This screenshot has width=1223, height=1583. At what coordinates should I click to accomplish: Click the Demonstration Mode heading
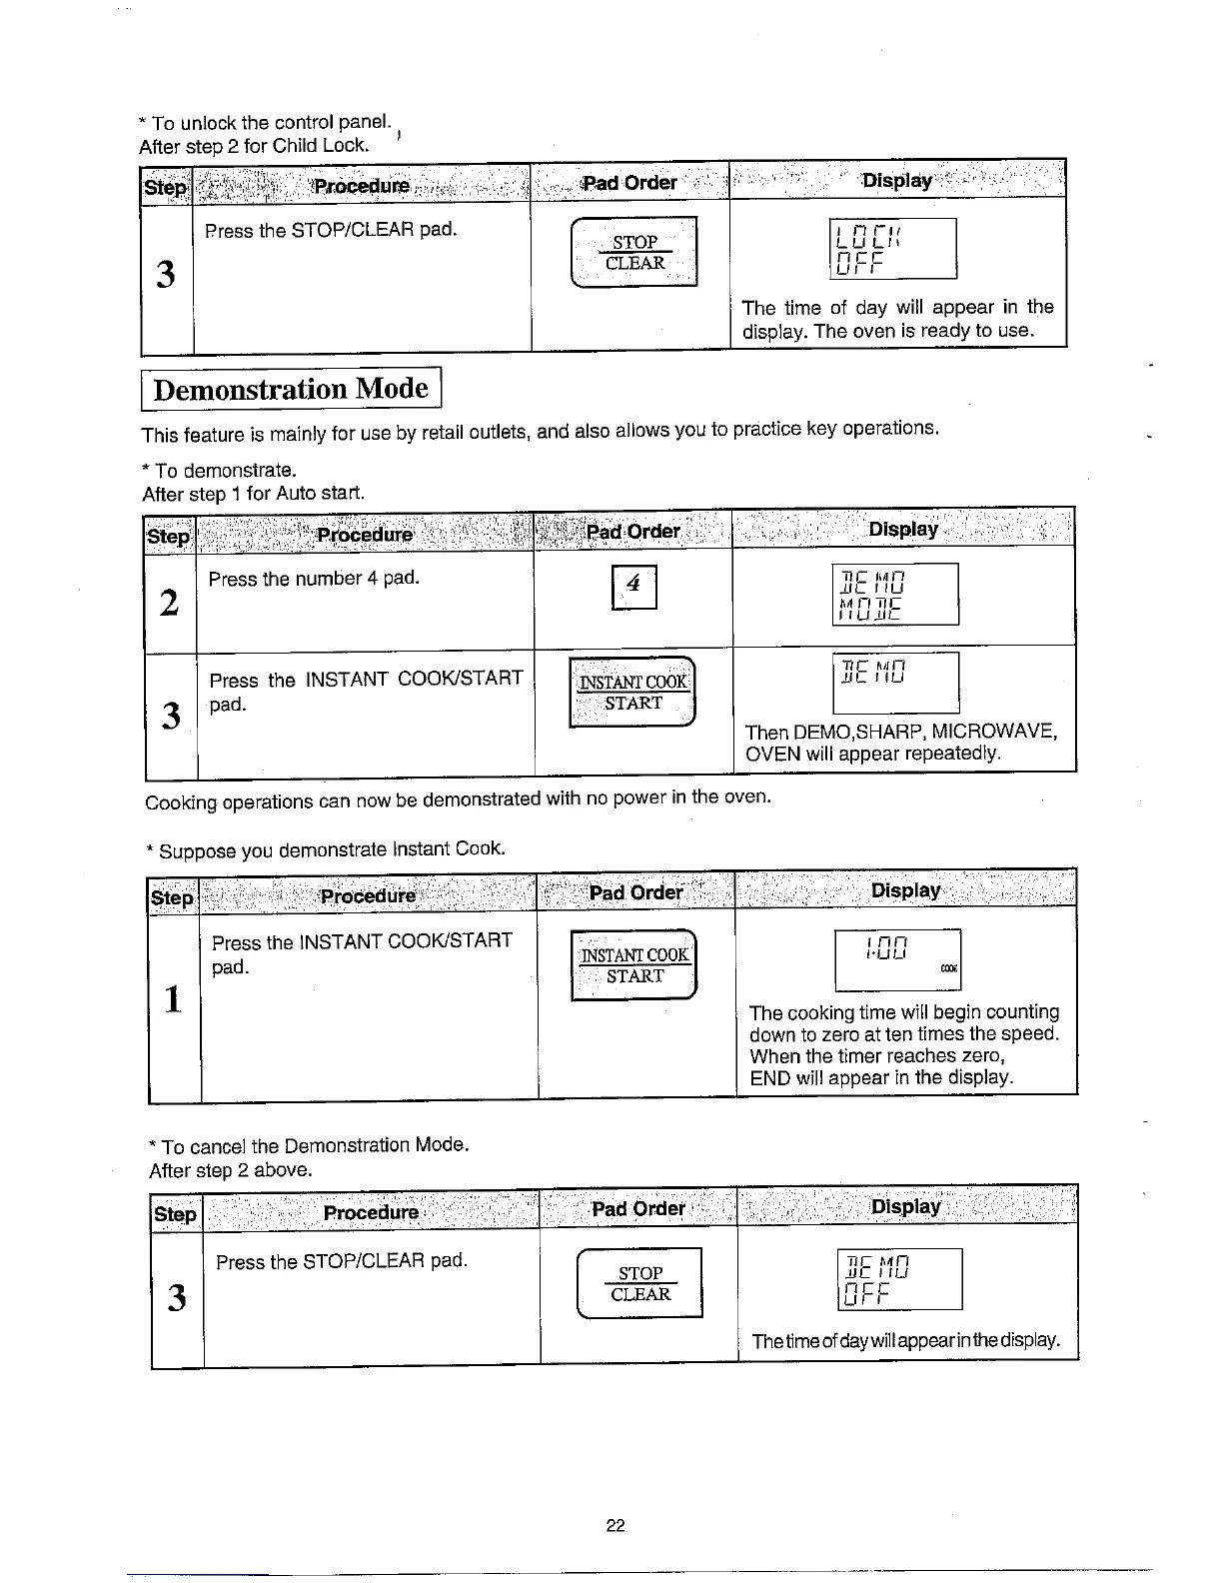(291, 389)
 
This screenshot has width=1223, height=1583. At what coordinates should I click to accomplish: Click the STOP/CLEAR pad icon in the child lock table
(633, 252)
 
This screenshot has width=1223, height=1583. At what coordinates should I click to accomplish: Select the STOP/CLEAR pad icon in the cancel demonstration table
(640, 1284)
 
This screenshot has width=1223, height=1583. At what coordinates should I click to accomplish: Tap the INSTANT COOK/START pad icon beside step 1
(633, 965)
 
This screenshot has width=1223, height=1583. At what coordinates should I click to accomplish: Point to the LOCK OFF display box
(893, 249)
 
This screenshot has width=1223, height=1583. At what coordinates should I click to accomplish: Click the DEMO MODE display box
(895, 594)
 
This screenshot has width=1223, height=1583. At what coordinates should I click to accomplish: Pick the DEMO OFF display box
(898, 1279)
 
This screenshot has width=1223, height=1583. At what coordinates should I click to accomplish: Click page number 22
(615, 1525)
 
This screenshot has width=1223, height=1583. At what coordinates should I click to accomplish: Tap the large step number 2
(170, 603)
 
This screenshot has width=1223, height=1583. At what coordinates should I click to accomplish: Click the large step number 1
(174, 998)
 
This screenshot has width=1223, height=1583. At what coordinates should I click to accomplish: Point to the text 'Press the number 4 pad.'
(314, 579)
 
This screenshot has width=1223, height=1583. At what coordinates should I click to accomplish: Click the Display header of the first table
(897, 180)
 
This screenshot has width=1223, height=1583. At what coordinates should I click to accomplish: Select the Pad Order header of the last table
(638, 1209)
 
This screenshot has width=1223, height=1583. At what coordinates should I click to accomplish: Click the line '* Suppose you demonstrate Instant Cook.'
(326, 850)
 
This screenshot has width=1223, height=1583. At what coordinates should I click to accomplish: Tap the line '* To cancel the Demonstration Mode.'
(309, 1144)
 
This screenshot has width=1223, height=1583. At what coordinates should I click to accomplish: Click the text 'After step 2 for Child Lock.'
(255, 146)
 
